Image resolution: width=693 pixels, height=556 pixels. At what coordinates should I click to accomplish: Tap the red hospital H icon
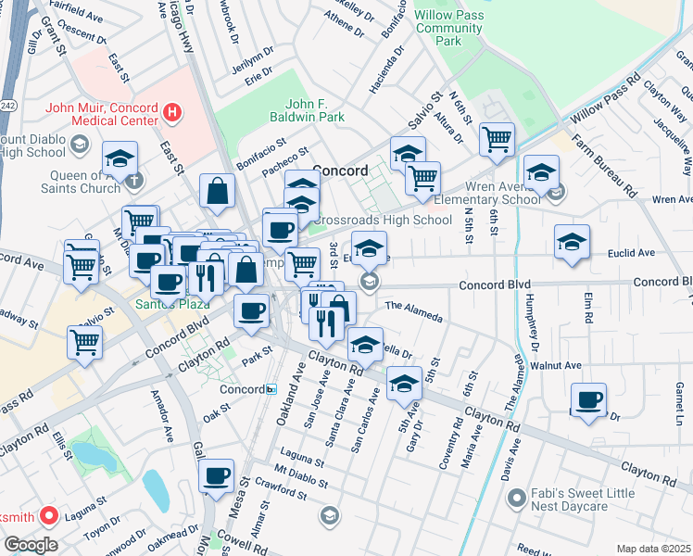tap(170, 113)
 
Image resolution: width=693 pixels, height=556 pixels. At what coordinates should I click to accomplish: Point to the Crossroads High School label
tap(385, 220)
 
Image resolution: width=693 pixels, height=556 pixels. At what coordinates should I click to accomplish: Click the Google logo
tap(31, 544)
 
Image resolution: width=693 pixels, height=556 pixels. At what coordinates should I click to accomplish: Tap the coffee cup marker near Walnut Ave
tap(588, 399)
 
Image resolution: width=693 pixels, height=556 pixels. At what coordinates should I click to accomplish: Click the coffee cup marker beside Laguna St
tap(217, 475)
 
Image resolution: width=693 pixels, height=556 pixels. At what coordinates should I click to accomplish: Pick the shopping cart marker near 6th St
tap(498, 139)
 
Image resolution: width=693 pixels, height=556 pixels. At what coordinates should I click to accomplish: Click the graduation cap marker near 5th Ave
tap(403, 383)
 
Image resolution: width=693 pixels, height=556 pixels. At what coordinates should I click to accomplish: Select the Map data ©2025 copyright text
tap(653, 549)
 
